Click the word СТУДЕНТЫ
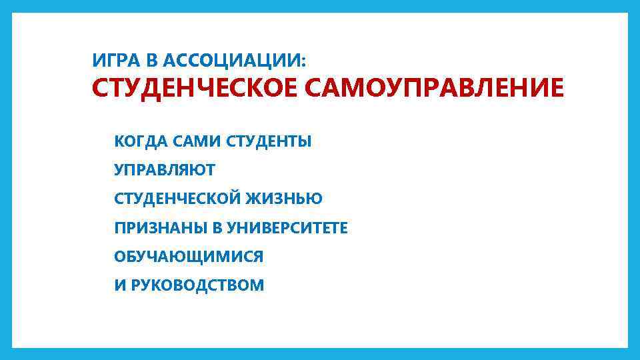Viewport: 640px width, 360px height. coord(269,142)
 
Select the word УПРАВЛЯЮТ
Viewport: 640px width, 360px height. coord(165,171)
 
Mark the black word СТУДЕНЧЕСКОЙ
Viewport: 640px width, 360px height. coord(178,199)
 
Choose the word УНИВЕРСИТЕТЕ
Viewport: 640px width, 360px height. coord(287,228)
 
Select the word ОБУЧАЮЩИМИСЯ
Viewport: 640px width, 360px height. coord(189,257)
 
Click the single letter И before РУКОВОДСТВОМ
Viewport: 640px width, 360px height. coord(120,285)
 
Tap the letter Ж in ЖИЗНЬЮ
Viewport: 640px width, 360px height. coord(253,199)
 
